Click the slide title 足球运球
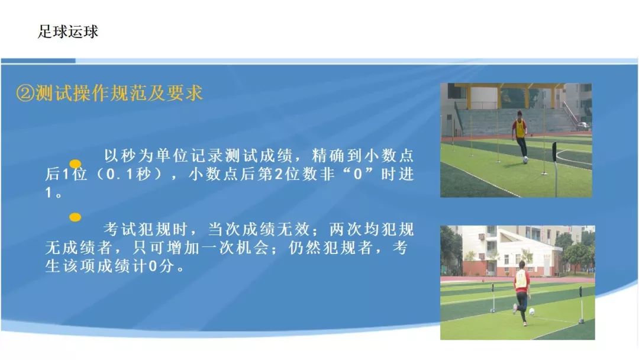pyautogui.click(x=68, y=31)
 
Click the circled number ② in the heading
pyautogui.click(x=25, y=94)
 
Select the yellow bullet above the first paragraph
pyautogui.click(x=75, y=164)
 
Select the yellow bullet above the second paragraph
pyautogui.click(x=75, y=217)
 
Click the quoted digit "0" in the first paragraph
pyautogui.click(x=358, y=175)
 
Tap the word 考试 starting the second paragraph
pyautogui.click(x=119, y=229)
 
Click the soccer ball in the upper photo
pyautogui.click(x=526, y=160)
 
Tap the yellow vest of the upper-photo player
pyautogui.click(x=520, y=129)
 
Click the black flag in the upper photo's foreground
pyautogui.click(x=554, y=151)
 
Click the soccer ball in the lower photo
pyautogui.click(x=531, y=312)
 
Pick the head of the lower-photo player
pyautogui.click(x=521, y=265)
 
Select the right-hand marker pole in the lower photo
pyautogui.click(x=581, y=304)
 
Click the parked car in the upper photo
pyautogui.click(x=583, y=126)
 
